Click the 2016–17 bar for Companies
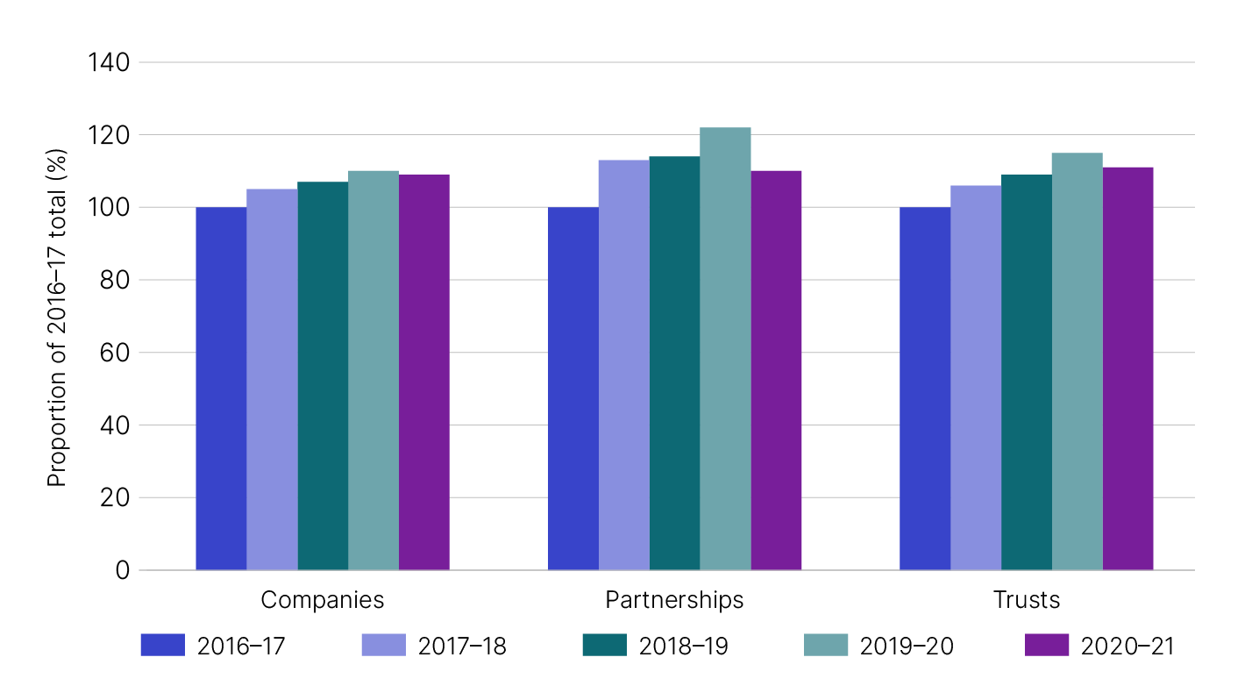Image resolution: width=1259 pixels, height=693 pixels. click(221, 389)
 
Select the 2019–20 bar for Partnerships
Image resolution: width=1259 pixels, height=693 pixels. click(725, 349)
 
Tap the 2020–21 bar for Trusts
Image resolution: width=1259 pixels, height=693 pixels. click(1127, 368)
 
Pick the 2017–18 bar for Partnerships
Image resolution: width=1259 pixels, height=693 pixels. click(623, 365)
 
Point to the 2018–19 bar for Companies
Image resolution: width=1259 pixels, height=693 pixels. click(323, 375)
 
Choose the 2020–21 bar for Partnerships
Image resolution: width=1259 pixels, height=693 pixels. click(776, 370)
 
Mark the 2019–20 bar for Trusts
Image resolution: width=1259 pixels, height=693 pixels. click(1077, 361)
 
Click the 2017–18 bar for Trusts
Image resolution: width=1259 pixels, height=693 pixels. click(975, 377)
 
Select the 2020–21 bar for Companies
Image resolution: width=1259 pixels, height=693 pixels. click(424, 372)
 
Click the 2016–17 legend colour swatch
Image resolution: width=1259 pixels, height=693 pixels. click(162, 646)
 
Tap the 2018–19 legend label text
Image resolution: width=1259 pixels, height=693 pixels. click(683, 646)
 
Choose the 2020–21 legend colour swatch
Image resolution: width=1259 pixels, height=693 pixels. click(1046, 646)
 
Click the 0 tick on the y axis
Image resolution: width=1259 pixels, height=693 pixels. click(121, 570)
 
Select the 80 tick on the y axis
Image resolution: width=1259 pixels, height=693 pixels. click(114, 280)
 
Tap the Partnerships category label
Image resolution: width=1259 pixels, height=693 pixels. click(674, 600)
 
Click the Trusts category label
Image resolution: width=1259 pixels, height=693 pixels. click(1026, 600)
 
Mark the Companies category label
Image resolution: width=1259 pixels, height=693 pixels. click(323, 600)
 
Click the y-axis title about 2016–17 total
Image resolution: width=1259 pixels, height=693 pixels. click(57, 316)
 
